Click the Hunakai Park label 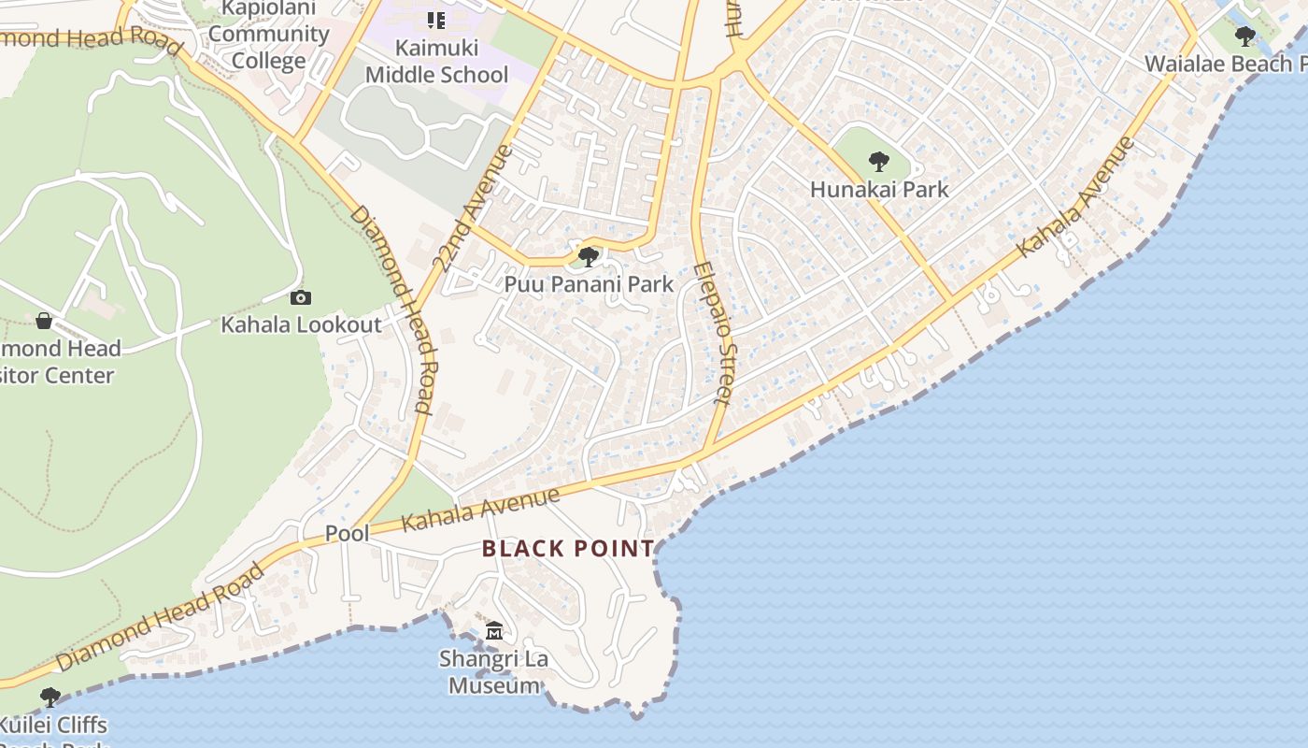[878, 189]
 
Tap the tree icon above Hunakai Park [878, 162]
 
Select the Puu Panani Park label [589, 283]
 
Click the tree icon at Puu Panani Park [588, 256]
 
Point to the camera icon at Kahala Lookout [300, 298]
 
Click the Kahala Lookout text [301, 324]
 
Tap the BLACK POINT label [568, 549]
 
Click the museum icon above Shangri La [494, 631]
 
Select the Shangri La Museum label [494, 671]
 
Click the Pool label [347, 533]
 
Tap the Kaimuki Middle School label [436, 61]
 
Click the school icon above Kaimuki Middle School [435, 20]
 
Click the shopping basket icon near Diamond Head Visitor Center [43, 322]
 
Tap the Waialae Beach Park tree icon [1244, 36]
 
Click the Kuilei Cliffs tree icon [50, 698]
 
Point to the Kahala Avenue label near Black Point [480, 509]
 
